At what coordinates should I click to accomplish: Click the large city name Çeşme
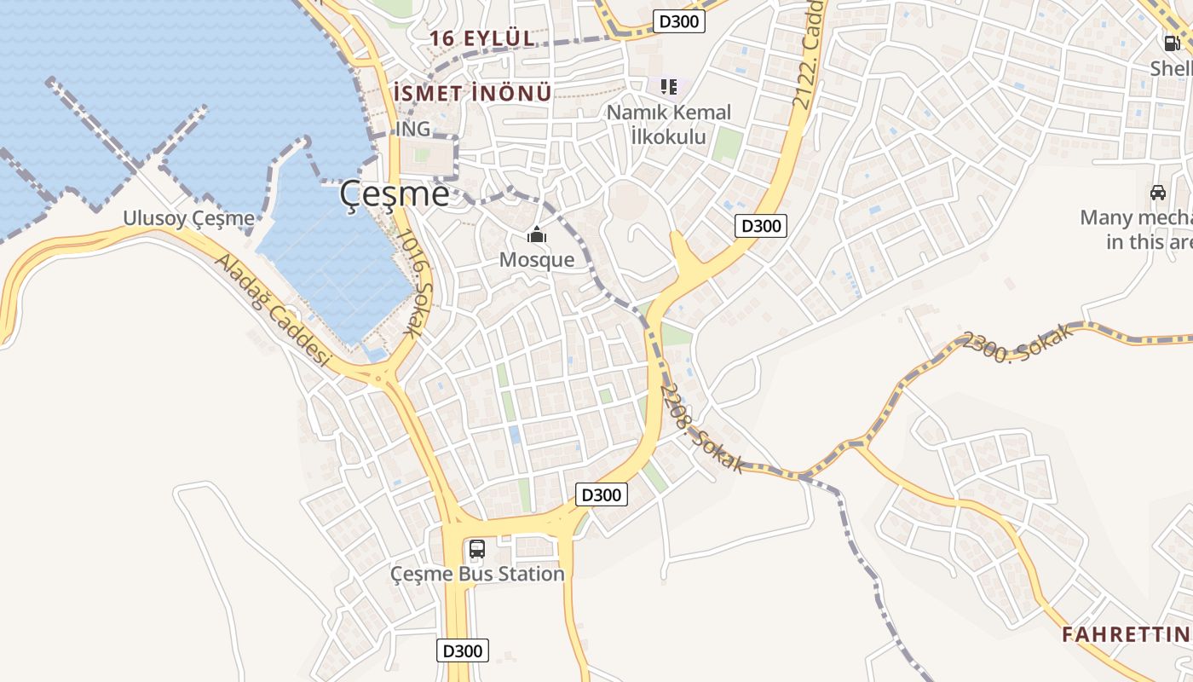(394, 194)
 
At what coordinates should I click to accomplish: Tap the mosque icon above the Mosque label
(537, 234)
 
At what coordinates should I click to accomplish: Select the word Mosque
(537, 259)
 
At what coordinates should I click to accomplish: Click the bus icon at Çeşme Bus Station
(477, 549)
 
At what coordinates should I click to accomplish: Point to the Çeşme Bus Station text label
(477, 574)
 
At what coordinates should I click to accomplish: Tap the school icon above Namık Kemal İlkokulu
(669, 87)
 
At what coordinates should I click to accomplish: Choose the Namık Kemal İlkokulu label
(669, 124)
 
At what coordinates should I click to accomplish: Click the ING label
(413, 129)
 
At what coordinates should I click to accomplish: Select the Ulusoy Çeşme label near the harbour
(188, 218)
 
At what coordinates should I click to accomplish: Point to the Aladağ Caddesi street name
(271, 311)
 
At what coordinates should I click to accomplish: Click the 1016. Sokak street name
(415, 285)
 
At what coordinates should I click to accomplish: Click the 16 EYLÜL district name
(482, 38)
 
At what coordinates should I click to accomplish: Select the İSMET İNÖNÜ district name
(473, 93)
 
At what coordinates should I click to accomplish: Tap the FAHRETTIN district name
(1126, 634)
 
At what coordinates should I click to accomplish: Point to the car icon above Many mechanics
(1158, 193)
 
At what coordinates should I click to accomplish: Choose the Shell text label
(1171, 68)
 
